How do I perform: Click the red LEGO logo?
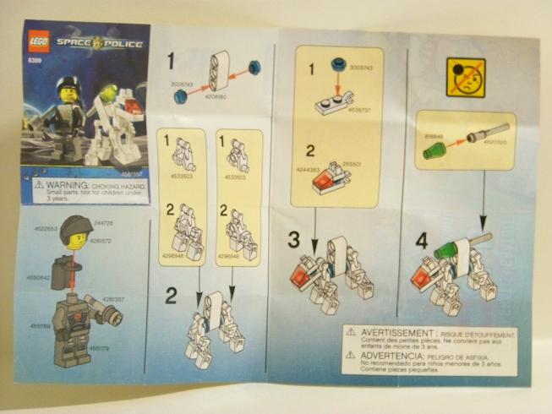tap(39, 40)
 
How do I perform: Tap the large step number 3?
tap(293, 239)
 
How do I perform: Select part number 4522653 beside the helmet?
tap(46, 228)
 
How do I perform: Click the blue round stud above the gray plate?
tap(338, 62)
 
